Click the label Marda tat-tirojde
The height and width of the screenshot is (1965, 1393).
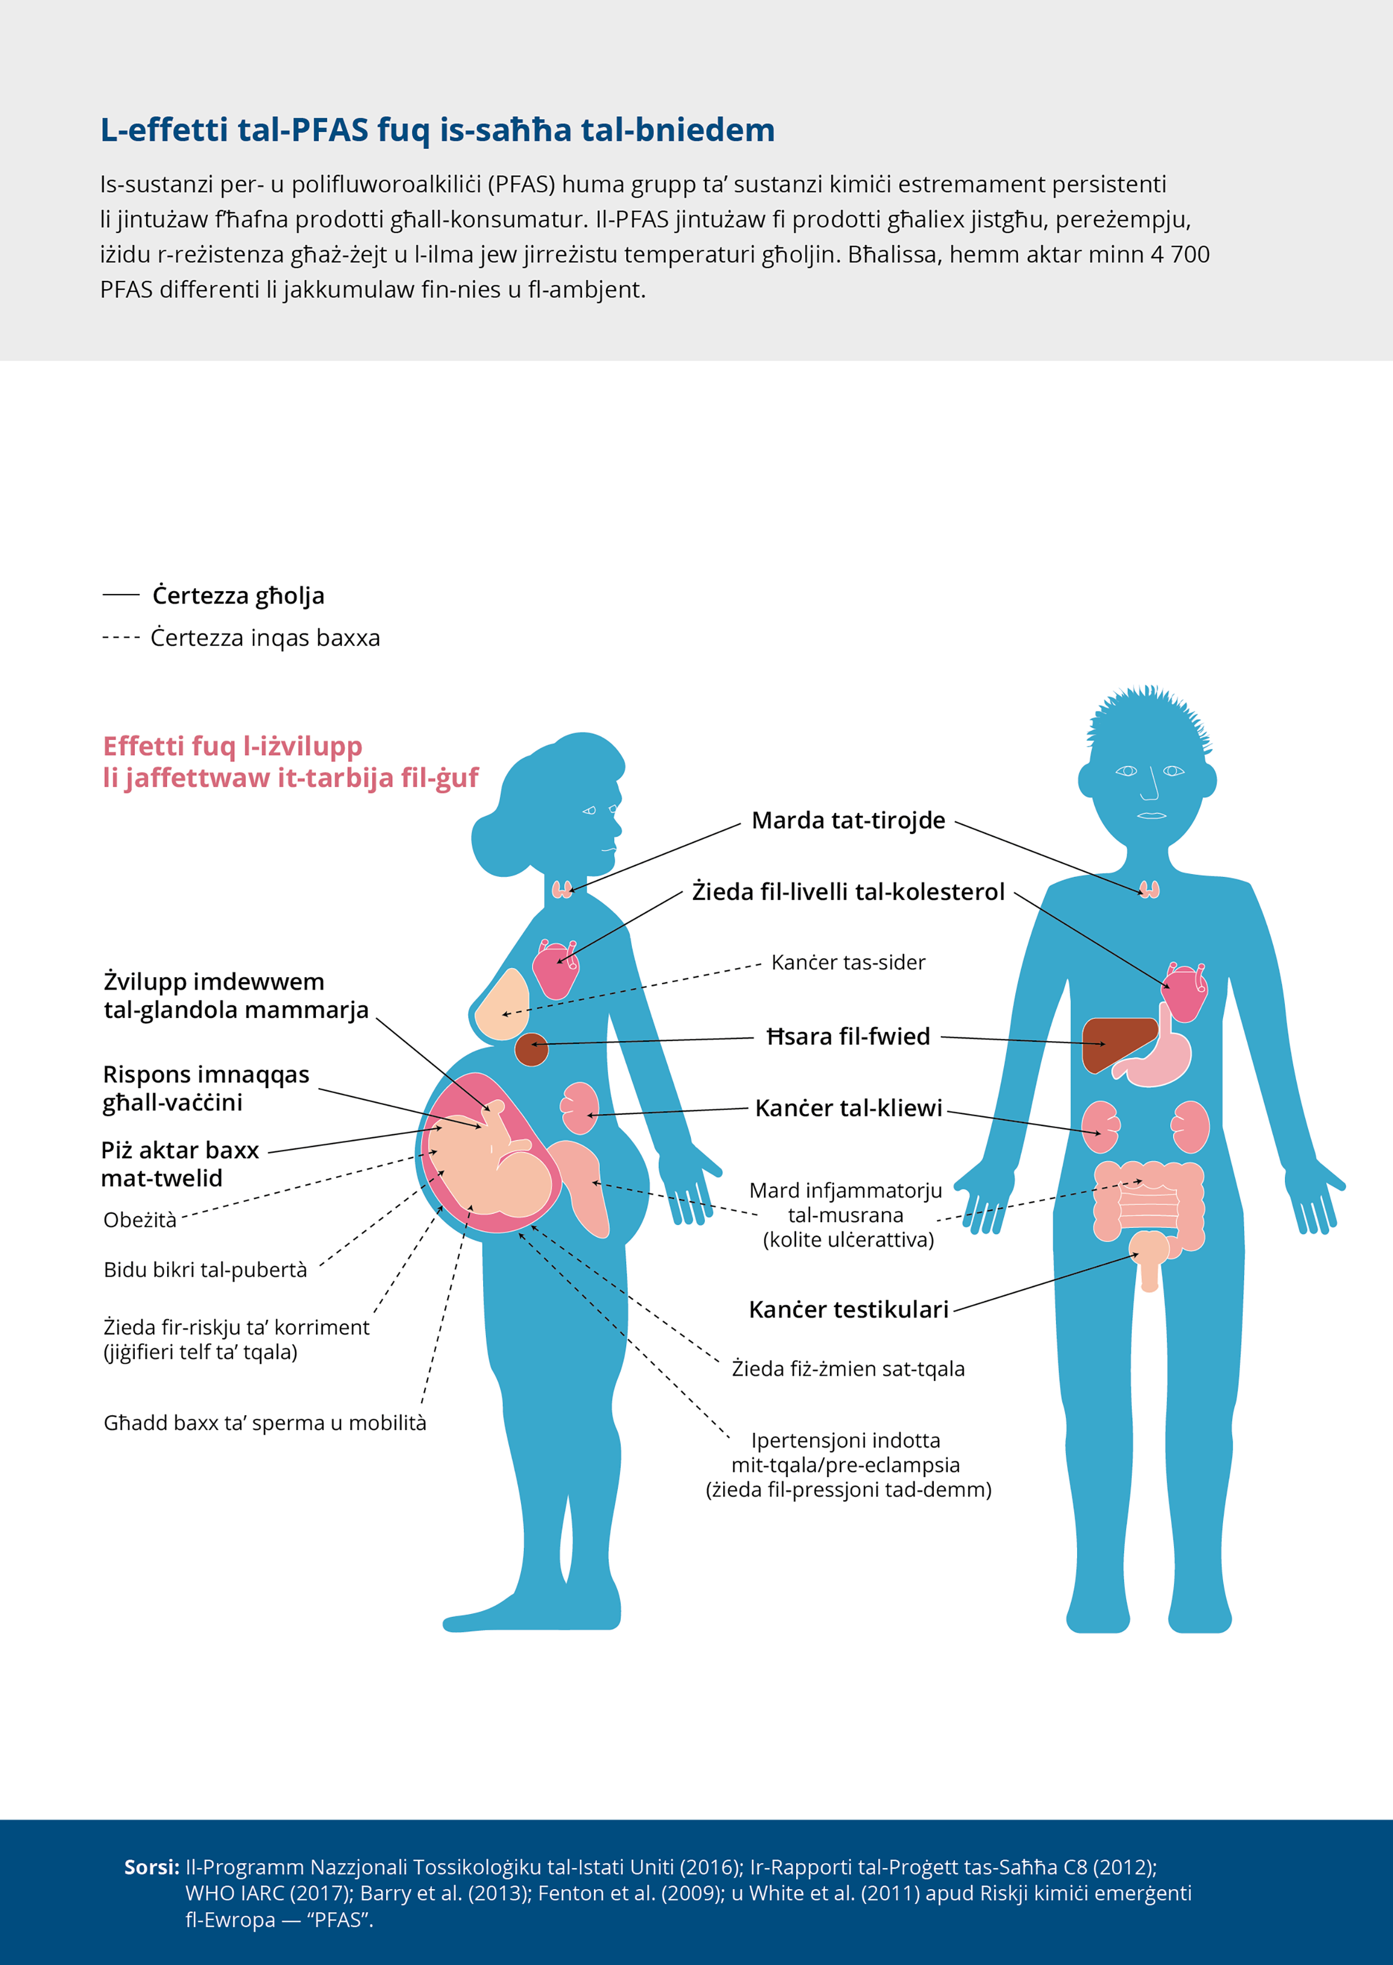point(848,821)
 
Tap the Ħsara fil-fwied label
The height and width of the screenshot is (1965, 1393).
point(848,1037)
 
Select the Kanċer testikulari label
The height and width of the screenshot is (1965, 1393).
point(848,1310)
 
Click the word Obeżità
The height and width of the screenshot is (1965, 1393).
point(140,1220)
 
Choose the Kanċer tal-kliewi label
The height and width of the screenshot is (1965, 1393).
point(848,1108)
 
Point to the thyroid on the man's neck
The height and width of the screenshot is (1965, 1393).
point(1150,889)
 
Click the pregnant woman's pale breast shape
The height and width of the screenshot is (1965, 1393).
point(502,1005)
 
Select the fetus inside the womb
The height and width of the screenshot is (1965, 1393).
point(491,1158)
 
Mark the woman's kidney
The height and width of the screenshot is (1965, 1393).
point(580,1108)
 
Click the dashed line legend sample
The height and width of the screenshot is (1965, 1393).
point(121,638)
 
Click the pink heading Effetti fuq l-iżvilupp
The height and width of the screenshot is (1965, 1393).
point(290,762)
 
